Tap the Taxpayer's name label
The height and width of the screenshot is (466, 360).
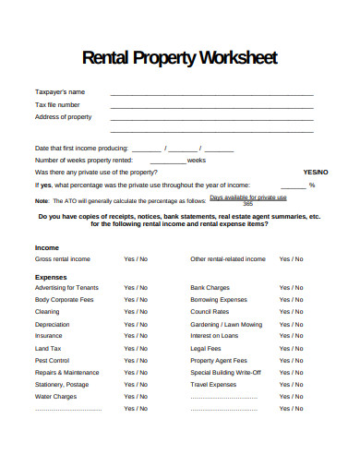[60, 92]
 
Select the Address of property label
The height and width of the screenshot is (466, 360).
[64, 117]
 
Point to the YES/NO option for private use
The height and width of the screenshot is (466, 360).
[315, 172]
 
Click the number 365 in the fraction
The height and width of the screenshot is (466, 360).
[247, 202]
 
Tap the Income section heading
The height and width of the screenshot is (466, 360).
[47, 248]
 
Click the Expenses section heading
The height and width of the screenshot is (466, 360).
[52, 276]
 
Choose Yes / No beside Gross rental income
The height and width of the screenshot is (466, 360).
[136, 260]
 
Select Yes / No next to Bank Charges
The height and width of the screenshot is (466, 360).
[291, 288]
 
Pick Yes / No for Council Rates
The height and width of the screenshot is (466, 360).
[291, 312]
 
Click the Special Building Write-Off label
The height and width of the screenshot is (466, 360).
[225, 372]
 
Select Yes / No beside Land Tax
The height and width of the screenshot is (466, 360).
[136, 348]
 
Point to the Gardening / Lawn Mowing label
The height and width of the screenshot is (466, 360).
[226, 324]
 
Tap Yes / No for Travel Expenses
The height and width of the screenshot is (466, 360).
[291, 384]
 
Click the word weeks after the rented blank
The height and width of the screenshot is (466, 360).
[197, 160]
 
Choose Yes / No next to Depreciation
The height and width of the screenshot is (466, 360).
[136, 324]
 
